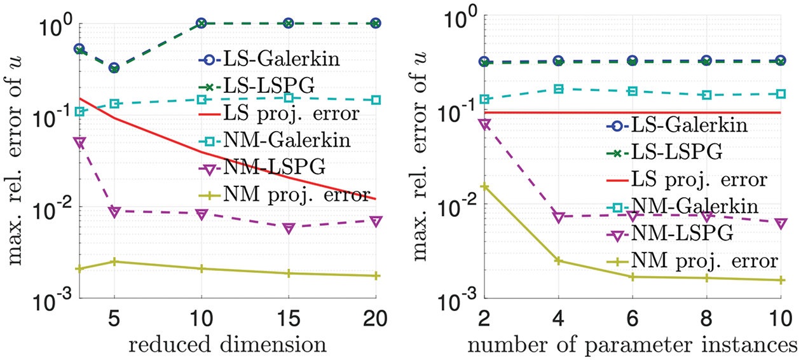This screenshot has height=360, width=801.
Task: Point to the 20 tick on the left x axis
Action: point(375,317)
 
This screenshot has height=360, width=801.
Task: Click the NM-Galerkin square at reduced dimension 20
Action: point(375,100)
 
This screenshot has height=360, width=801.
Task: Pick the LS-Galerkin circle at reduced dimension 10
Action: point(202,24)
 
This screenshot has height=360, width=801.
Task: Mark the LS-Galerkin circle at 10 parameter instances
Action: point(781,61)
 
